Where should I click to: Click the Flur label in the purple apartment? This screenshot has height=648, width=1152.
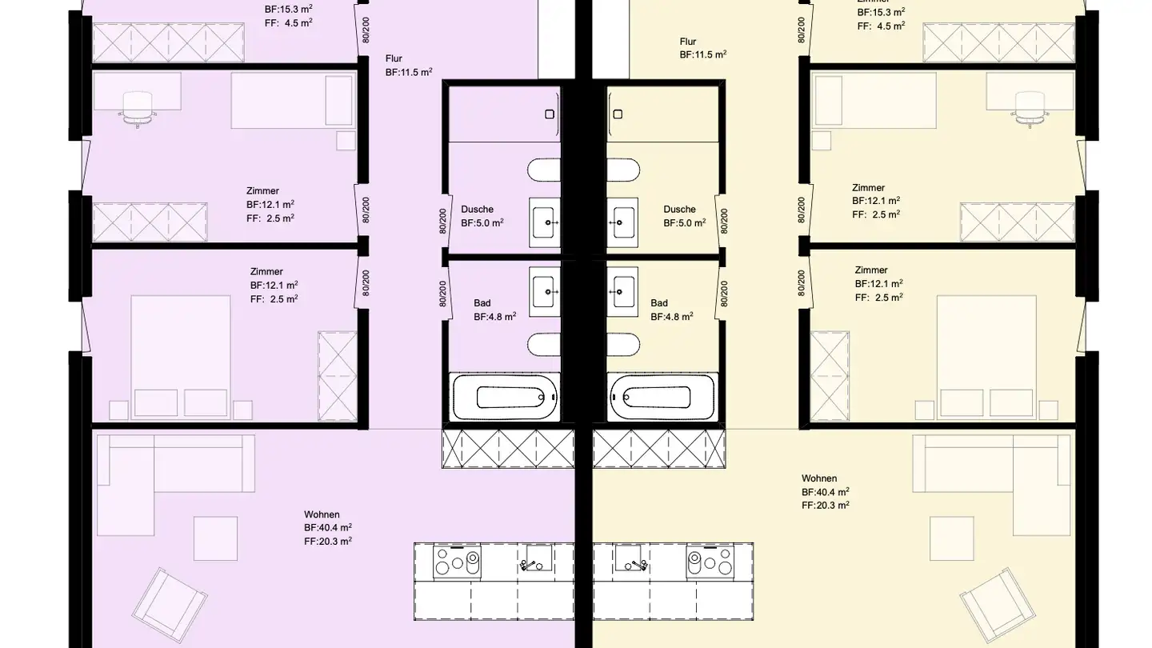pyautogui.click(x=394, y=58)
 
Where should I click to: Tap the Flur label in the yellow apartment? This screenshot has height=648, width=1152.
pyautogui.click(x=688, y=42)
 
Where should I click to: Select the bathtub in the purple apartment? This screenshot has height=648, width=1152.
pyautogui.click(x=505, y=397)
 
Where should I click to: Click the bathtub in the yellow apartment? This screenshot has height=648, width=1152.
pyautogui.click(x=662, y=397)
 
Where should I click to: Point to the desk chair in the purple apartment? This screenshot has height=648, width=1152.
pyautogui.click(x=137, y=108)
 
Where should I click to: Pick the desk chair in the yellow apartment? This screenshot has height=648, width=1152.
pyautogui.click(x=1030, y=107)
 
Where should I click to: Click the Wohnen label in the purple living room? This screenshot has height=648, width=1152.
pyautogui.click(x=322, y=514)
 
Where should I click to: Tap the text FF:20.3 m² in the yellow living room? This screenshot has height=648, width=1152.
pyautogui.click(x=825, y=505)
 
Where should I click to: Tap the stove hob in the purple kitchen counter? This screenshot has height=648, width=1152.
pyautogui.click(x=456, y=562)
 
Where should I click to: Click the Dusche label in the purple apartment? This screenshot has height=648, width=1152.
pyautogui.click(x=477, y=210)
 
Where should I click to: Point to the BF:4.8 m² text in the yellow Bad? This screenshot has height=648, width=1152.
pyautogui.click(x=671, y=316)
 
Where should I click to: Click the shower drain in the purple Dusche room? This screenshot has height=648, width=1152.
pyautogui.click(x=550, y=114)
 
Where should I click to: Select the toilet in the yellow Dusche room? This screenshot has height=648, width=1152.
pyautogui.click(x=622, y=170)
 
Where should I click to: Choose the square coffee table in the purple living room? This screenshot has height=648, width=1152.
pyautogui.click(x=215, y=539)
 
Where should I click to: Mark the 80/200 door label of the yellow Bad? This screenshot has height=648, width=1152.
pyautogui.click(x=723, y=293)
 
